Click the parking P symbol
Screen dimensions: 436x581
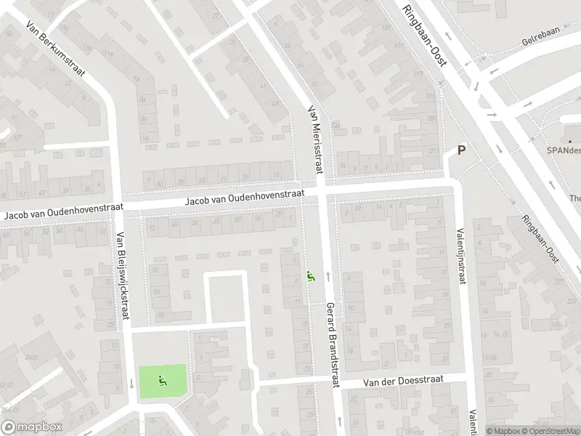pos(460,150)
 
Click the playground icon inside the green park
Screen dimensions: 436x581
pos(162,379)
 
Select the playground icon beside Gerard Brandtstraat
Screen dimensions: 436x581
pos(312,276)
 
